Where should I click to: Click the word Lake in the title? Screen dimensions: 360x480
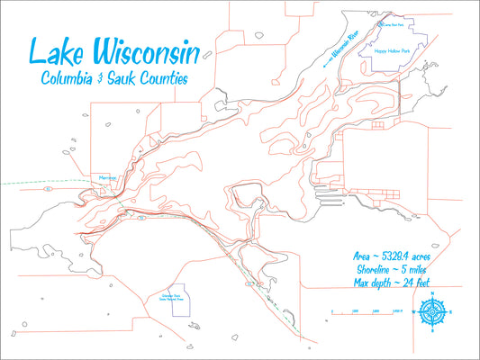point(56,52)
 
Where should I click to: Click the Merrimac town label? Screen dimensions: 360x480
point(107,180)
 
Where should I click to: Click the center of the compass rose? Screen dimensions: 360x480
point(431,312)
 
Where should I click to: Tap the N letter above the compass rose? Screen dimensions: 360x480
point(431,294)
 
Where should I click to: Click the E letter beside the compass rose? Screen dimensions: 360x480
point(451,312)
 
